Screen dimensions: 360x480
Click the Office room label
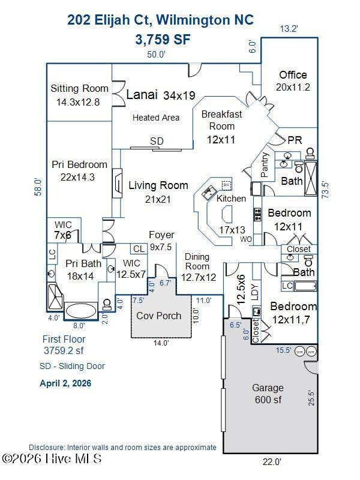(x=293, y=75)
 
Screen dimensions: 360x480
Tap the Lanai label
(x=142, y=95)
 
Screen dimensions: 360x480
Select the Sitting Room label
(x=79, y=88)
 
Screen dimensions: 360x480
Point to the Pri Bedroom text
(x=79, y=164)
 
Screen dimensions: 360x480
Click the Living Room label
(x=158, y=185)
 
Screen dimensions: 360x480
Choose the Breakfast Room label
(x=221, y=120)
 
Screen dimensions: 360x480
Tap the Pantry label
(x=264, y=165)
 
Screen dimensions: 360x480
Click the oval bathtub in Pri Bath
(x=81, y=311)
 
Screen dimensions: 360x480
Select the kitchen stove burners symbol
(x=257, y=214)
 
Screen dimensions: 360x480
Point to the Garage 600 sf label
(x=268, y=394)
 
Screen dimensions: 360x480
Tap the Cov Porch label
(x=158, y=316)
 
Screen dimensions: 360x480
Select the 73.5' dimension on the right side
(x=325, y=190)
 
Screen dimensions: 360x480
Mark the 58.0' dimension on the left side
(x=40, y=187)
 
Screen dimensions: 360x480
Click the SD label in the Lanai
(x=157, y=141)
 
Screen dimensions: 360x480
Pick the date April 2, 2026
(x=65, y=383)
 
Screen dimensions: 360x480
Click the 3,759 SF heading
(x=163, y=40)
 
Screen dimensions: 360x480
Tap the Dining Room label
(x=197, y=262)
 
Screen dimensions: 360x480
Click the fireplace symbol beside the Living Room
(x=117, y=184)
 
